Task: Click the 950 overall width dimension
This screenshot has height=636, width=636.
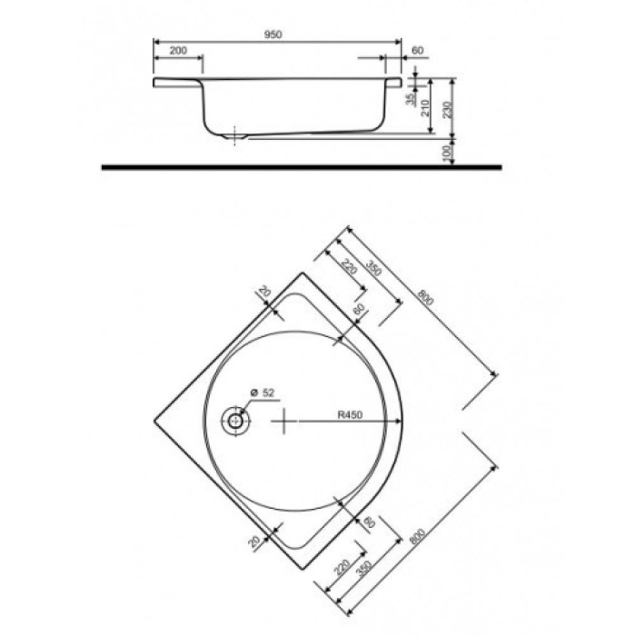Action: tap(273, 34)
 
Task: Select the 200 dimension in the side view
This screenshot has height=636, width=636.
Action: tap(178, 51)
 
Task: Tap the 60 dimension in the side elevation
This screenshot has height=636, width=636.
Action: tap(418, 51)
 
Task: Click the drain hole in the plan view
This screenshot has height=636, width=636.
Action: tap(236, 422)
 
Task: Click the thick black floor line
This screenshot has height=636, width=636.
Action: tap(300, 168)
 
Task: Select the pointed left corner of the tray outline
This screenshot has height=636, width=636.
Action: tap(154, 422)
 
